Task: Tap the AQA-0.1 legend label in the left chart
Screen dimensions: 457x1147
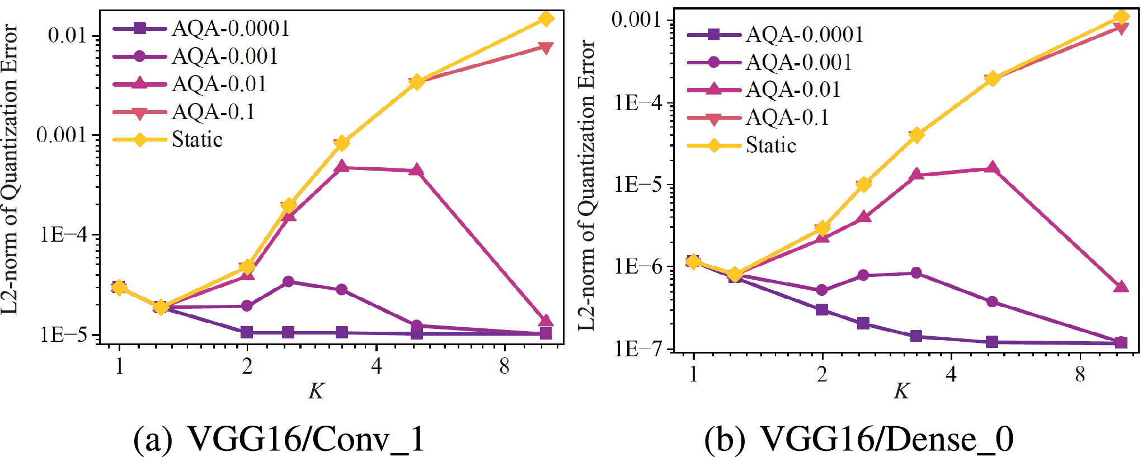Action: pyautogui.click(x=213, y=112)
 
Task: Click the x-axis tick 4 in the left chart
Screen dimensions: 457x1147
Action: pyautogui.click(x=377, y=366)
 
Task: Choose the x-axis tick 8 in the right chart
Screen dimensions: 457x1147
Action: pyautogui.click(x=1080, y=374)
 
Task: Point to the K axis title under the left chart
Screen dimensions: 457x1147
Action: pyautogui.click(x=316, y=391)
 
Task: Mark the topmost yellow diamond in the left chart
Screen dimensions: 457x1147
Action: pyautogui.click(x=546, y=19)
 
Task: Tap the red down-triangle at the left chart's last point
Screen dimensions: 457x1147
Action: pyautogui.click(x=546, y=48)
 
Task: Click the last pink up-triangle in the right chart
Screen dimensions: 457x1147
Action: pyautogui.click(x=1121, y=287)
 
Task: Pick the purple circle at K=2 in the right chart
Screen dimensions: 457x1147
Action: pyautogui.click(x=822, y=290)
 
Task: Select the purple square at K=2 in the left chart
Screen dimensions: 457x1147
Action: pyautogui.click(x=247, y=332)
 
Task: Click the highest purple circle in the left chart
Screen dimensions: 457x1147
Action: pyautogui.click(x=288, y=281)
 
